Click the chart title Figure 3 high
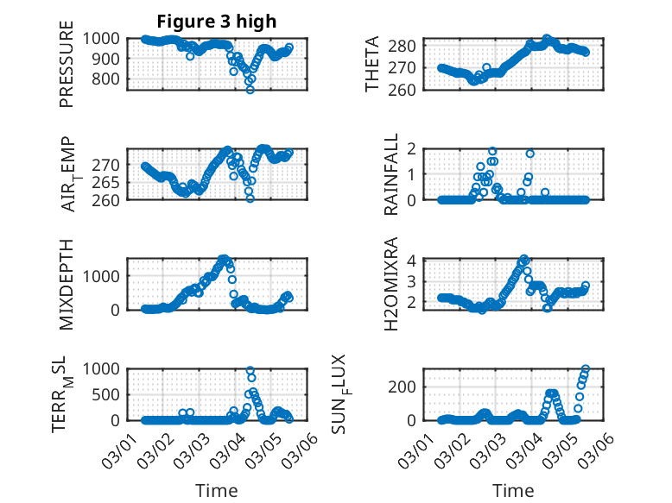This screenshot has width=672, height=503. pos(217,21)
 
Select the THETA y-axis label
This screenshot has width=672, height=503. pos(372,63)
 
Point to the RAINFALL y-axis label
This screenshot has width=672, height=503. pos(391,173)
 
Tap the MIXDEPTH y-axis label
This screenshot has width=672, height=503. pos(67,284)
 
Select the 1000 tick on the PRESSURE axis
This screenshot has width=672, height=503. pos(106,38)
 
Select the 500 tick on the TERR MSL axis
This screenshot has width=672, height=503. pos(110,394)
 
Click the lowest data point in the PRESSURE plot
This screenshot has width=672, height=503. pos(250,90)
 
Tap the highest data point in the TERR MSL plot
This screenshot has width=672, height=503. pos(250,371)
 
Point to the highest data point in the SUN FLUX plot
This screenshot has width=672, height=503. pos(586,369)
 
